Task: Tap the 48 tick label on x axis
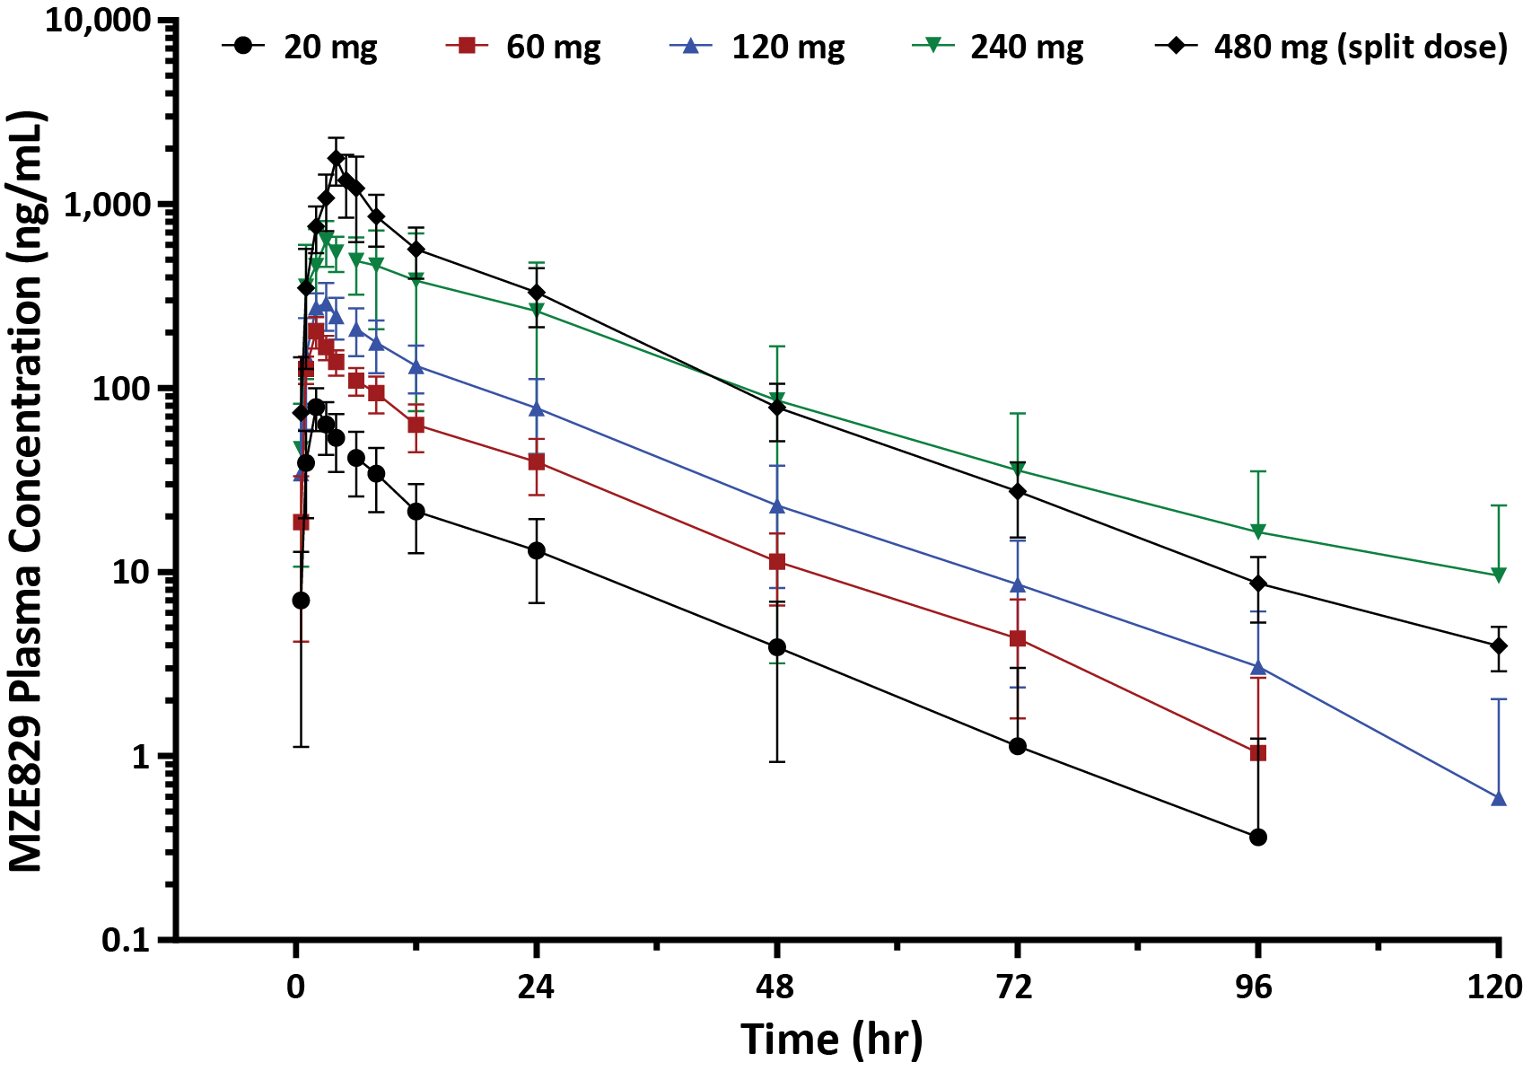[x=776, y=988]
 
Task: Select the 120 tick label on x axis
[x=1495, y=988]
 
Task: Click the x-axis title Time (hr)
[x=831, y=1040]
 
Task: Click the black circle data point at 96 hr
[x=1258, y=838]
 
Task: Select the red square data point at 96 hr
[x=1258, y=753]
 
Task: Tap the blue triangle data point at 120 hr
[x=1498, y=798]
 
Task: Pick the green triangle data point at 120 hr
[x=1498, y=575]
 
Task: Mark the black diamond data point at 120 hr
[x=1498, y=645]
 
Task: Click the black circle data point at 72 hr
[x=1018, y=747]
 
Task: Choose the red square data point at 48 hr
[x=777, y=562]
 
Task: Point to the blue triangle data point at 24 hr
[x=537, y=408]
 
